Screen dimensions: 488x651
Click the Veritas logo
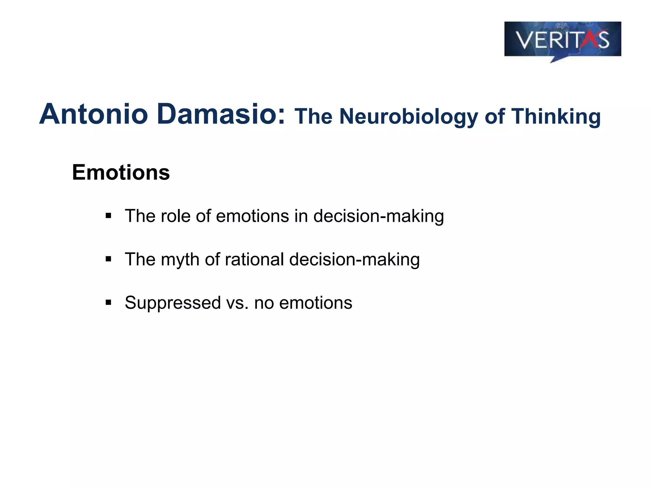click(x=562, y=40)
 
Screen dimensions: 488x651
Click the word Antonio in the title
click(x=93, y=114)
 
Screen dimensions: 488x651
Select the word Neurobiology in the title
click(x=408, y=117)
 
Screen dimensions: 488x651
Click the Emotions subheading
click(x=121, y=173)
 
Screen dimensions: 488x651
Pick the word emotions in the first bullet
click(x=253, y=216)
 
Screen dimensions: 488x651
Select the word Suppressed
click(x=173, y=303)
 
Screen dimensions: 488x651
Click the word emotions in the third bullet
click(x=315, y=303)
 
